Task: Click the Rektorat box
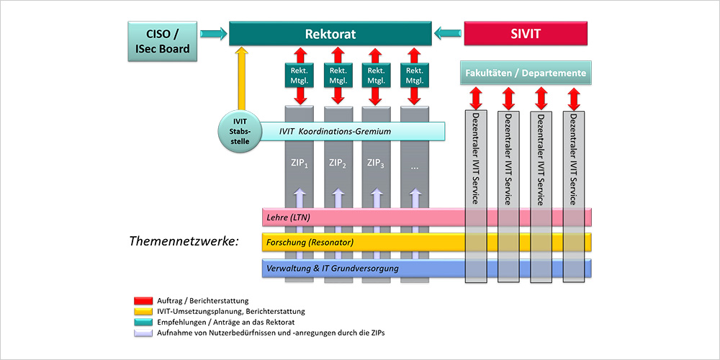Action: (330, 34)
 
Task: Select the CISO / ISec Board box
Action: (162, 40)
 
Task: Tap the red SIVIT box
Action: (524, 33)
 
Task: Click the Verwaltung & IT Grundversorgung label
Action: (332, 269)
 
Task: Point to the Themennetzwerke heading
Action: (184, 242)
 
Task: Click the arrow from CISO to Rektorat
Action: (212, 32)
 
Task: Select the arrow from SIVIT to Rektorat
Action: (448, 32)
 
